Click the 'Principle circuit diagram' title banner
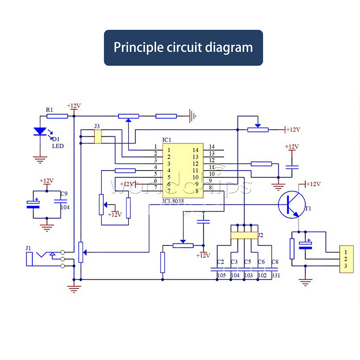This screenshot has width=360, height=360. pos(183,48)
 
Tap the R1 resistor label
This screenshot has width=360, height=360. pos(49,109)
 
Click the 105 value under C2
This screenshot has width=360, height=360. pos(221,275)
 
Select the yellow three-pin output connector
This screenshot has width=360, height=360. pos(346,259)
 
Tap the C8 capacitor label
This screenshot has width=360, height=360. pos(275,262)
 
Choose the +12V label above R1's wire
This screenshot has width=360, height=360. pos(74,106)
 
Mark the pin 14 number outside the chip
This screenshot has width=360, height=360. pos(212,147)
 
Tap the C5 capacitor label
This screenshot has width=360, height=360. pos(248,262)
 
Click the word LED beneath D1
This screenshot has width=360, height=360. pos(58,146)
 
